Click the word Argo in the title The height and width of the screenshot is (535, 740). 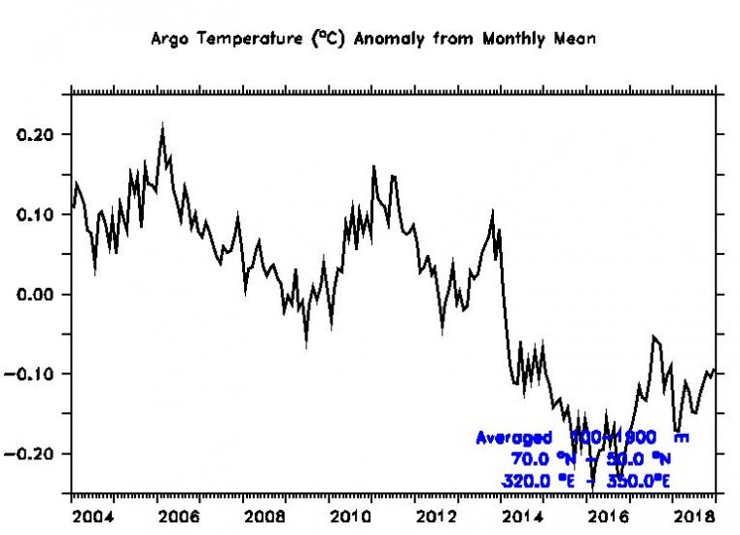click(167, 40)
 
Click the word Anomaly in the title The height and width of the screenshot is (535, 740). click(382, 40)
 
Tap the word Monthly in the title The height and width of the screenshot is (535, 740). click(497, 40)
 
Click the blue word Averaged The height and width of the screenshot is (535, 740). click(512, 439)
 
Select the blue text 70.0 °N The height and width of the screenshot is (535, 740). click(544, 459)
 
